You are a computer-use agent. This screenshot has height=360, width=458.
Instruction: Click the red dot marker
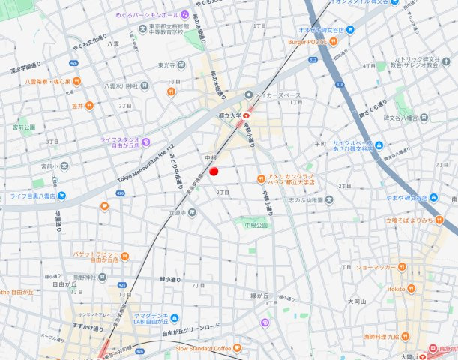click(x=213, y=172)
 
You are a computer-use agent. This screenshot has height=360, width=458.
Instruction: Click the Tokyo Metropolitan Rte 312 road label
click(x=145, y=163)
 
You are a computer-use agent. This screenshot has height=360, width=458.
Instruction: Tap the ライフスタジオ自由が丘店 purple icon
click(x=146, y=142)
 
